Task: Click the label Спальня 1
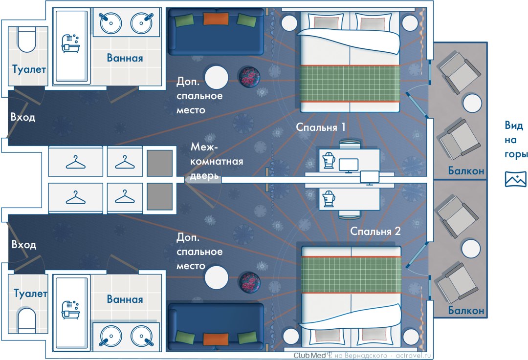pyautogui.click(x=321, y=127)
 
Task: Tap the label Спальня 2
pyautogui.click(x=375, y=232)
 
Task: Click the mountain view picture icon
pyautogui.click(x=516, y=179)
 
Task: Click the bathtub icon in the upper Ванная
pyautogui.click(x=71, y=42)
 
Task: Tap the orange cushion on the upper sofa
pyautogui.click(x=216, y=19)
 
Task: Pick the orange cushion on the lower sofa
pyautogui.click(x=216, y=339)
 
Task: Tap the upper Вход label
pyautogui.click(x=23, y=117)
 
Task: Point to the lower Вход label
pyautogui.click(x=23, y=245)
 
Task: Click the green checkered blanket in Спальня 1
pyautogui.click(x=350, y=83)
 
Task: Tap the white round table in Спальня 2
pyautogui.click(x=217, y=277)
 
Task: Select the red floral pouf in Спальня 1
pyautogui.click(x=250, y=76)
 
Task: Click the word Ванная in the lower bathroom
pyautogui.click(x=125, y=299)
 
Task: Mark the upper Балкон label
pyautogui.click(x=466, y=171)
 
